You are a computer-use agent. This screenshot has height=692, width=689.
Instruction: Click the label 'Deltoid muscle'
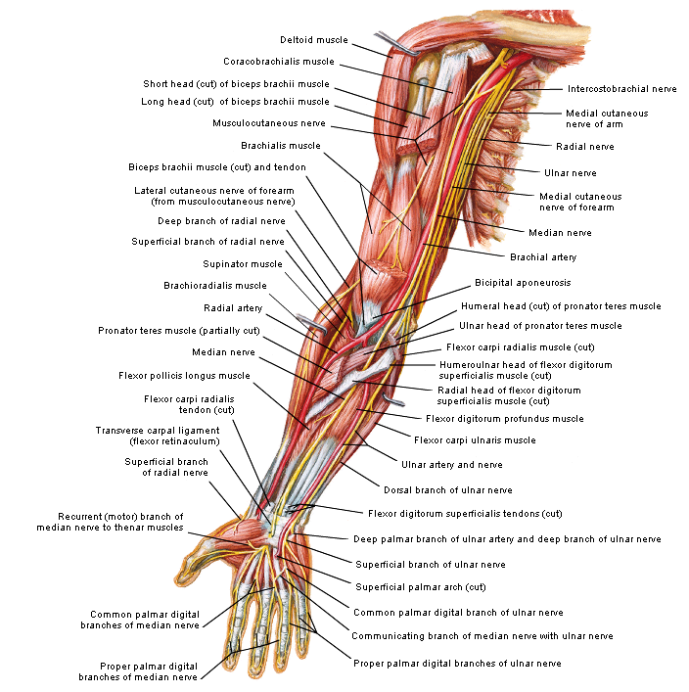pyautogui.click(x=314, y=40)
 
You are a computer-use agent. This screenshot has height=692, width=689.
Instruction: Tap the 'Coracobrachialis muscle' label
pyautogui.click(x=278, y=62)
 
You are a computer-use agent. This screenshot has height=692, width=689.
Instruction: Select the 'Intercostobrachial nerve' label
pyautogui.click(x=621, y=89)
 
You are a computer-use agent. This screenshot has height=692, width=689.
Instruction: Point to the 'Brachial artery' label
pyautogui.click(x=542, y=257)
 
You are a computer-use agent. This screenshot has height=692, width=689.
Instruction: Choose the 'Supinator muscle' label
pyautogui.click(x=242, y=264)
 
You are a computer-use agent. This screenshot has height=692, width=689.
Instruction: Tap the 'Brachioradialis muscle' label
pyautogui.click(x=214, y=286)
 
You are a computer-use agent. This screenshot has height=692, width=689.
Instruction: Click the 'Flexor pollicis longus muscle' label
pyautogui.click(x=184, y=375)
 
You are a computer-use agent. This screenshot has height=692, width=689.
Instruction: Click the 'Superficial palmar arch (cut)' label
pyautogui.click(x=421, y=587)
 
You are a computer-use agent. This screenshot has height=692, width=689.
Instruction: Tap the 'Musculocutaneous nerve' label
pyautogui.click(x=269, y=123)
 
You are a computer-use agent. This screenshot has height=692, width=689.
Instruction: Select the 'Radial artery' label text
pyautogui.click(x=233, y=307)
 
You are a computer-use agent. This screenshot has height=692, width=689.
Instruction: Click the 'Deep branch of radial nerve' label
pyautogui.click(x=221, y=220)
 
